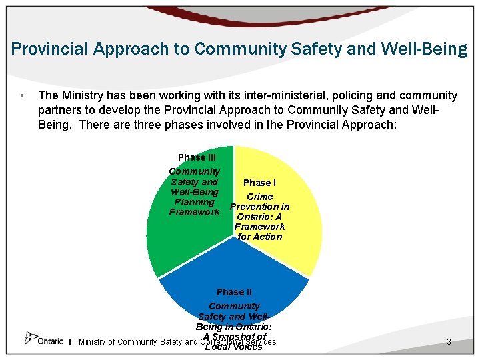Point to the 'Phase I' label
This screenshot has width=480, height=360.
(x=259, y=183)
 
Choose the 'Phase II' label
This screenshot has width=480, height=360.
(x=234, y=292)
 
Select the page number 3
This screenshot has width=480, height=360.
(x=449, y=342)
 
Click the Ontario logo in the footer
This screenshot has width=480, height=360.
(x=44, y=339)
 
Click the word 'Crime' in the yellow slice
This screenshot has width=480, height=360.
(x=259, y=197)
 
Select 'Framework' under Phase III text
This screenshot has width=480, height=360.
(x=194, y=212)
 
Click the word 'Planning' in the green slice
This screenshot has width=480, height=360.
(x=194, y=202)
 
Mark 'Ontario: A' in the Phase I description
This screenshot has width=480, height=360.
(x=259, y=217)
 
